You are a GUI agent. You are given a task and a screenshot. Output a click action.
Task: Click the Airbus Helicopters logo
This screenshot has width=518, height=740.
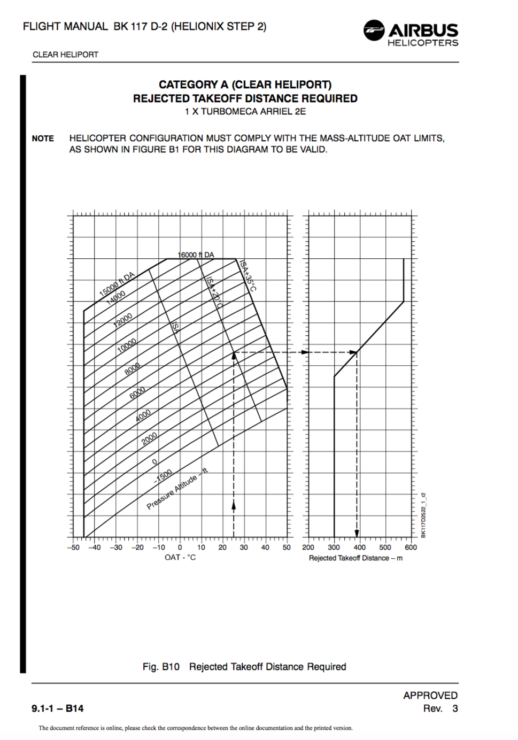(x=411, y=33)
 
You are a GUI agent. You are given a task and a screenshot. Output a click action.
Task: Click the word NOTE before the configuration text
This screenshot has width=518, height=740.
(x=43, y=138)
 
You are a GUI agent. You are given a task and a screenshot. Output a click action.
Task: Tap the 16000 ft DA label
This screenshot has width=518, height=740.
(x=196, y=255)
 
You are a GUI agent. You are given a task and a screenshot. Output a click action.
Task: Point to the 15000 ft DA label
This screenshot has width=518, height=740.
(x=117, y=284)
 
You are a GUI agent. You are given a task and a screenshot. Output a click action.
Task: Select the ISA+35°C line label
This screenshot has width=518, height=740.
(x=248, y=276)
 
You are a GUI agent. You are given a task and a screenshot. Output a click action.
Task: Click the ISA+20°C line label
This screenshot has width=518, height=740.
(x=214, y=292)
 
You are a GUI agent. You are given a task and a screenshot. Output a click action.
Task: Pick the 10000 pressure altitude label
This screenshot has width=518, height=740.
(x=127, y=345)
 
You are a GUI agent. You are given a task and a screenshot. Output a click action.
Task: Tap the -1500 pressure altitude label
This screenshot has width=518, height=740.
(x=163, y=476)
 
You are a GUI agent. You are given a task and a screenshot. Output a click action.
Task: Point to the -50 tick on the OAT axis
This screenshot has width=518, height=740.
(x=73, y=548)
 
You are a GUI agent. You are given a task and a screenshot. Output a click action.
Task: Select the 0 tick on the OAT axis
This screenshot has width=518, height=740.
(x=180, y=548)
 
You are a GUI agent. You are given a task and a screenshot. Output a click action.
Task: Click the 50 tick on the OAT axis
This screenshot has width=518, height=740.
(x=287, y=548)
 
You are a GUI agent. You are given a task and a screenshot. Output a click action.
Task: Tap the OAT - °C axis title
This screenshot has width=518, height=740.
(x=180, y=558)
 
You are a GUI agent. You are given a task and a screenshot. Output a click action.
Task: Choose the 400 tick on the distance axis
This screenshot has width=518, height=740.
(x=360, y=548)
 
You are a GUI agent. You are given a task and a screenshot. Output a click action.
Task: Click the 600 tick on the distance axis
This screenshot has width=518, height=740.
(x=411, y=548)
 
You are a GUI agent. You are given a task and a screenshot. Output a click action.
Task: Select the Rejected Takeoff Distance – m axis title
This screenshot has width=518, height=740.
(x=355, y=558)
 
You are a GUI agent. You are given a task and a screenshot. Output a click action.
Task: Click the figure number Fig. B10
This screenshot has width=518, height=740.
(x=161, y=667)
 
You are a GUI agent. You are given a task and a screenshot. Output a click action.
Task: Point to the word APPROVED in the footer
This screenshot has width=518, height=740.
(x=430, y=695)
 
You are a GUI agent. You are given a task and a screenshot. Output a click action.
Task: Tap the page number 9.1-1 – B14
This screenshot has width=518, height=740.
(x=58, y=708)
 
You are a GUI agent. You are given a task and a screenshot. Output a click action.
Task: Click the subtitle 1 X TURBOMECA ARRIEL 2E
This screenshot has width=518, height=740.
(x=245, y=112)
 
